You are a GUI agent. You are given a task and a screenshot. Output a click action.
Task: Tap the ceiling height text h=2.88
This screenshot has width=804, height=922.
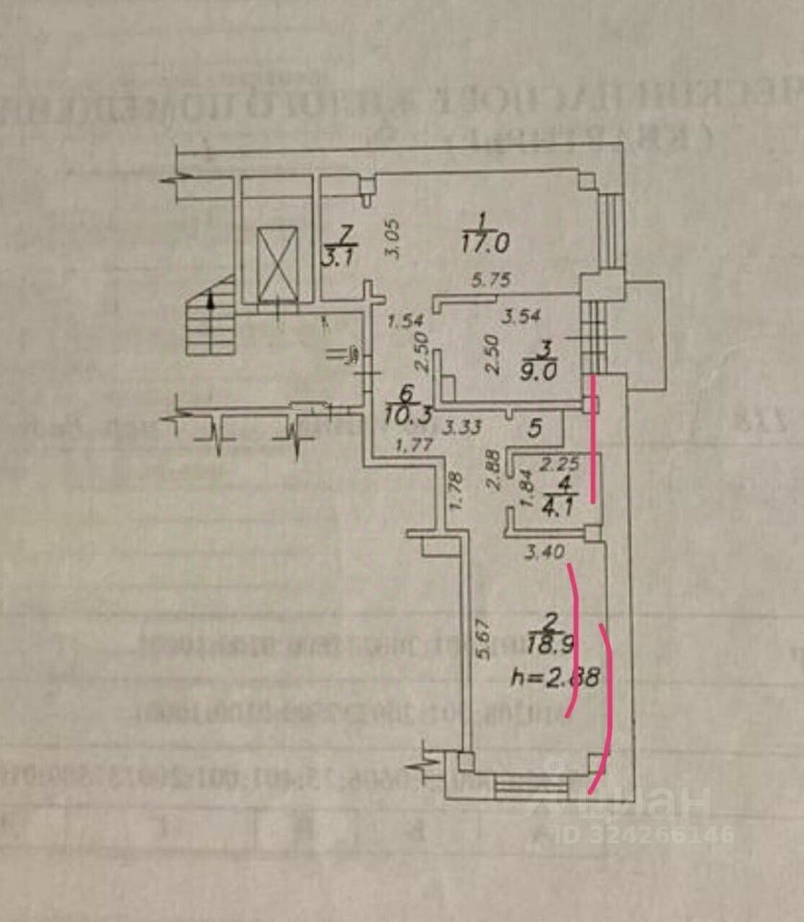pos(557,678)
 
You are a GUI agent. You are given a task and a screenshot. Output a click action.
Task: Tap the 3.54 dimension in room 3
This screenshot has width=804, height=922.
pos(524,314)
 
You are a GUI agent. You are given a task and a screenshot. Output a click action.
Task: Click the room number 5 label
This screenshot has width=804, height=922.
pos(536,425)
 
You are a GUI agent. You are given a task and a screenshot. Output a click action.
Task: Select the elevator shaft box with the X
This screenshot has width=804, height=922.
pos(276,260)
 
